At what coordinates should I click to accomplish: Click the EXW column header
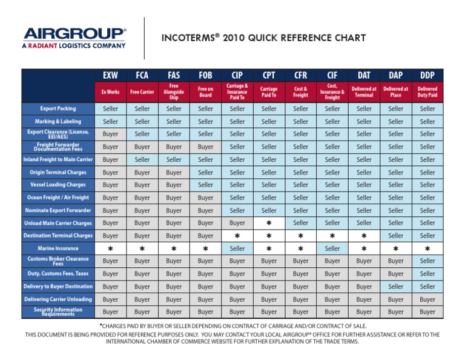coord(111,76)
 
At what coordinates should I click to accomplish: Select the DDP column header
coord(427,76)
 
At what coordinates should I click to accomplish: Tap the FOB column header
coord(205,76)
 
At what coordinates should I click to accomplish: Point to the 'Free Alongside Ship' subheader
coord(174,92)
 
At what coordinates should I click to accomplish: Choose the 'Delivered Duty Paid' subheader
coord(427,92)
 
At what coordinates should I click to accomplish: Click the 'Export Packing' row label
coord(58,108)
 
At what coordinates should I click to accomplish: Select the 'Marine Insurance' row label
coord(58,248)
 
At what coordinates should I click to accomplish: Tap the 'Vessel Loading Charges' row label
coord(58,184)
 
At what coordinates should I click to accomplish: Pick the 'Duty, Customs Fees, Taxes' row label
coord(58,273)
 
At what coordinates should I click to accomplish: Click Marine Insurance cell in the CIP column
coord(237,248)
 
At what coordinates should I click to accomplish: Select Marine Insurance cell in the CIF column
coord(332,248)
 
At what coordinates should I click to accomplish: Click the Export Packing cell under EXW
coord(111,109)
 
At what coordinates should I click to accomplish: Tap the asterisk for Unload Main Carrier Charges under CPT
coord(269,223)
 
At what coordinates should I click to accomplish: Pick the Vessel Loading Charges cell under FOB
coord(205,185)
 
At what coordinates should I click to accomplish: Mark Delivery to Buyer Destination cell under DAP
coord(395,287)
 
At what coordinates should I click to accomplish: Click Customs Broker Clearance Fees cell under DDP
coord(427,261)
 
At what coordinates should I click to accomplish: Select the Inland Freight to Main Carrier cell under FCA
coord(142,159)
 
